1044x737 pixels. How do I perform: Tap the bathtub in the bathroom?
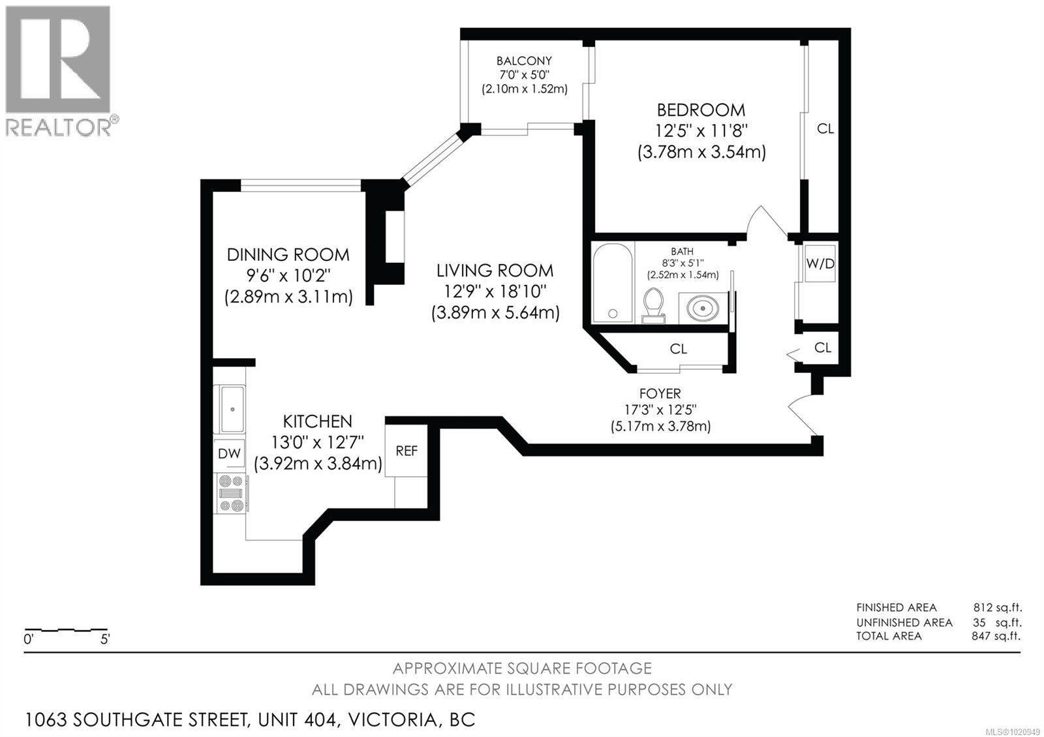(x=612, y=282)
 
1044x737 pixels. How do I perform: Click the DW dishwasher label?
(x=229, y=453)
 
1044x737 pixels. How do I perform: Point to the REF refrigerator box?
(x=407, y=451)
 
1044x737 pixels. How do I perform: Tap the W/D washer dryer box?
(x=820, y=263)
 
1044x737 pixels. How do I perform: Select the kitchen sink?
(x=232, y=409)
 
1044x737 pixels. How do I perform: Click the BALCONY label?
(x=524, y=61)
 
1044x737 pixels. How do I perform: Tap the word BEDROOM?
(x=701, y=110)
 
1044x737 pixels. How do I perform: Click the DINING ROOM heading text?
(x=288, y=254)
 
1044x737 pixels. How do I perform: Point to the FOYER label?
(x=660, y=393)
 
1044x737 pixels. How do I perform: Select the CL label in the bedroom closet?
(x=825, y=129)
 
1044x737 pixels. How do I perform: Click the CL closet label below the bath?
(x=679, y=349)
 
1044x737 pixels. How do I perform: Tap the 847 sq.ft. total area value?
(x=996, y=636)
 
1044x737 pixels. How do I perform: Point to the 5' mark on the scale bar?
(x=105, y=640)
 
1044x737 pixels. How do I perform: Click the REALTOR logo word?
(x=57, y=127)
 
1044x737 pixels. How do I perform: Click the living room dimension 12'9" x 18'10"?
(x=495, y=291)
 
